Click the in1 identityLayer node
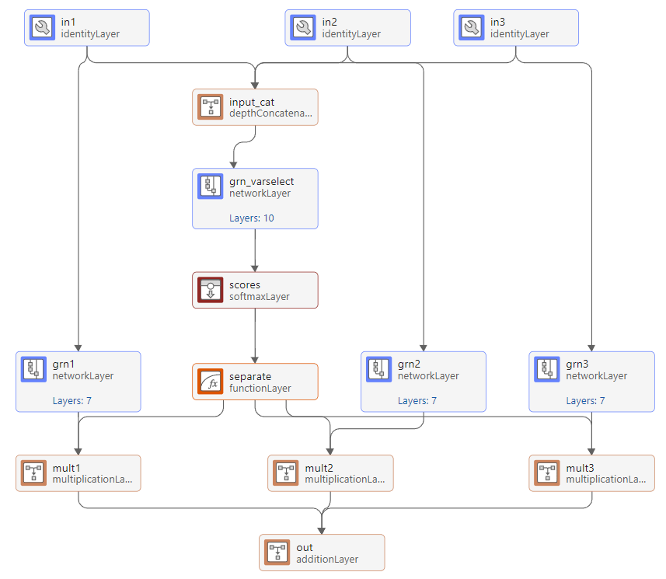point(86,28)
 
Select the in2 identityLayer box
point(347,28)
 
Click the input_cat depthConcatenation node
point(255,107)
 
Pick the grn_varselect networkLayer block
point(255,198)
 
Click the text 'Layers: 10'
point(251,218)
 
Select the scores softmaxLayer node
point(255,290)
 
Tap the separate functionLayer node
point(255,382)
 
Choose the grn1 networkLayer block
point(78,381)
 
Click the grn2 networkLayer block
point(424,381)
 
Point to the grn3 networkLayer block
point(591,381)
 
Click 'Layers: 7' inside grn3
point(585,401)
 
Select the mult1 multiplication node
point(78,473)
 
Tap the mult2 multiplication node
point(330,473)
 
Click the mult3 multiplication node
point(591,473)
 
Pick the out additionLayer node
point(322,553)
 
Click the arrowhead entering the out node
point(322,530)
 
